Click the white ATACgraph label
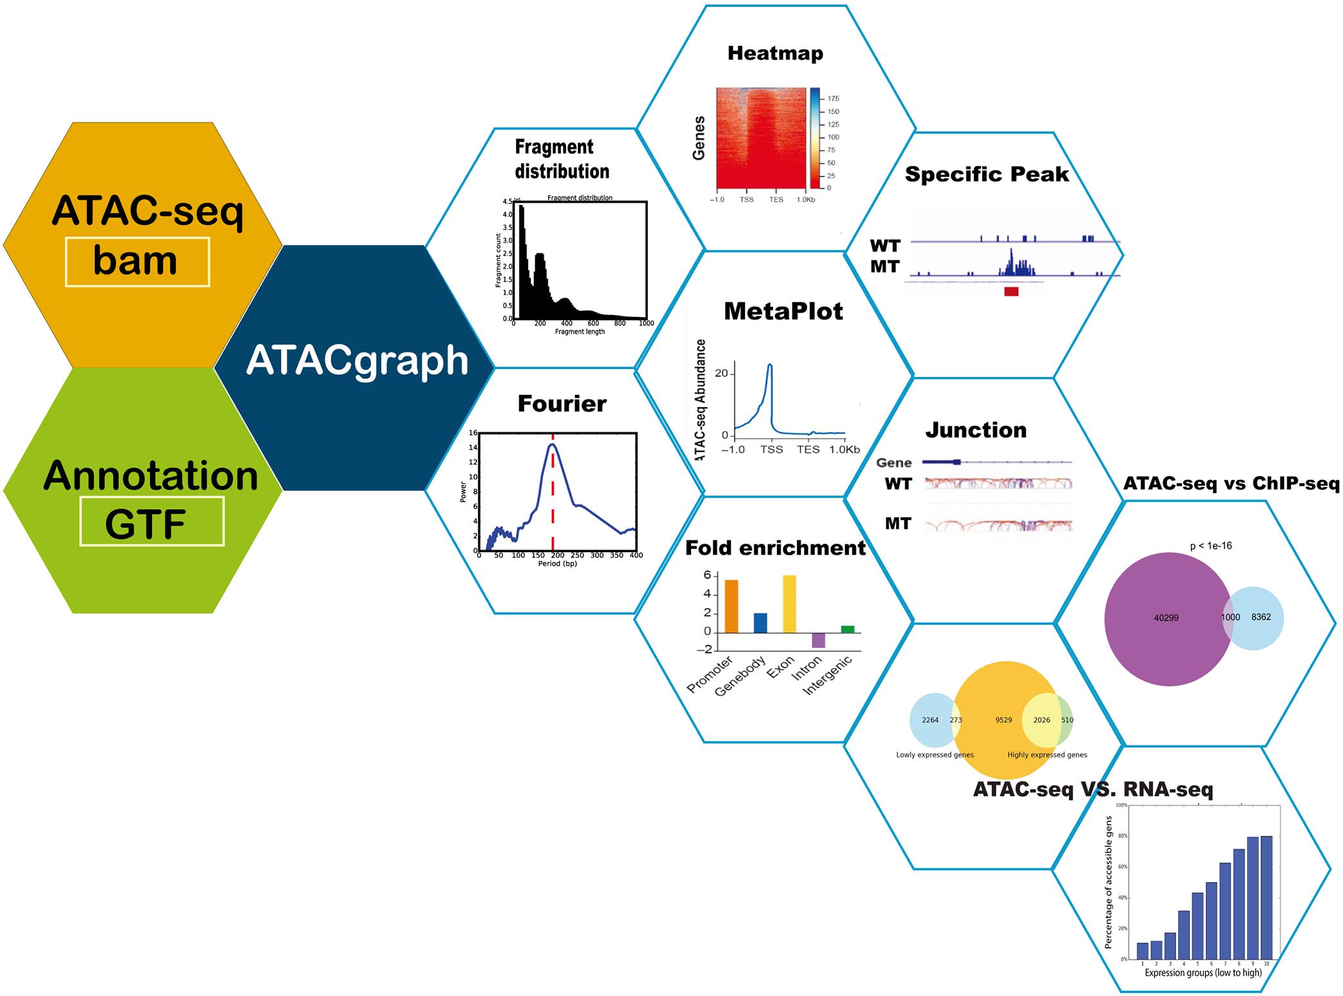357,360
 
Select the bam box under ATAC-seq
137,262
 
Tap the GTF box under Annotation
151,522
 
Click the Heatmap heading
775,53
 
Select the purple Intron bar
818,640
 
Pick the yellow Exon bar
789,603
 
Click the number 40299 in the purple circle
1166,618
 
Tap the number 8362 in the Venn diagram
1261,617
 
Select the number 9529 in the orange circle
1003,720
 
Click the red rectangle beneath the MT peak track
1011,292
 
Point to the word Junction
976,430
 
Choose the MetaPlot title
783,312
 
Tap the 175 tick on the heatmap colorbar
833,99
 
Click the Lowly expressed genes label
935,755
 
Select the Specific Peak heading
987,174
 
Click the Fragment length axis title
580,332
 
